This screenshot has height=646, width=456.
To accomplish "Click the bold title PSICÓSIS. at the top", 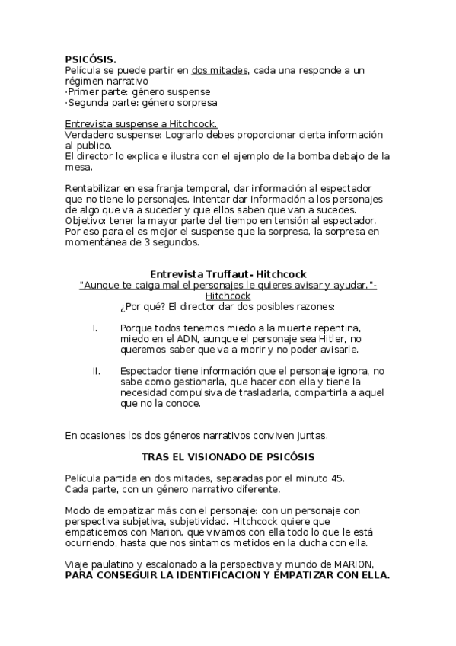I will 91,59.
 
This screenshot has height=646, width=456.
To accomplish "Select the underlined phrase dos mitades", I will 220,70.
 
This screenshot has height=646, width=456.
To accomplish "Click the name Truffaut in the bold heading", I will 222,274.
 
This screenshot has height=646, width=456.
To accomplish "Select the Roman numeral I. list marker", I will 95,328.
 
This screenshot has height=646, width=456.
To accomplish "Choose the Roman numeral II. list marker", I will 97,371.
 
